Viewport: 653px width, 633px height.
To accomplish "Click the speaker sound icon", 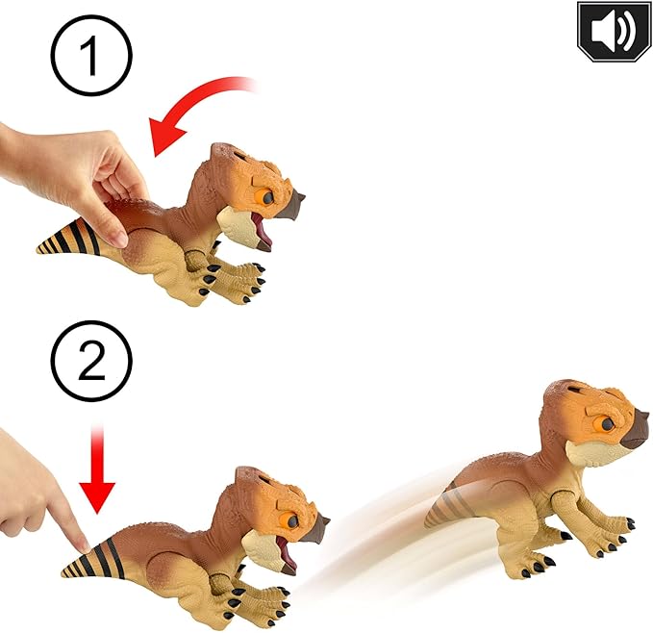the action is click(614, 31).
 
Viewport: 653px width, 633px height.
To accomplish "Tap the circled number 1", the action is click(91, 55).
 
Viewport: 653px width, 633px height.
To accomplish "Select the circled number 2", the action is click(91, 361).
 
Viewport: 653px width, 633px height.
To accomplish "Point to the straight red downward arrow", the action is click(97, 469).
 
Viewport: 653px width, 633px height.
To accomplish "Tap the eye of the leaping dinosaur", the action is click(606, 424).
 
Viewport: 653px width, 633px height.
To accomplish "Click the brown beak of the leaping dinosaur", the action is click(634, 429).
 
